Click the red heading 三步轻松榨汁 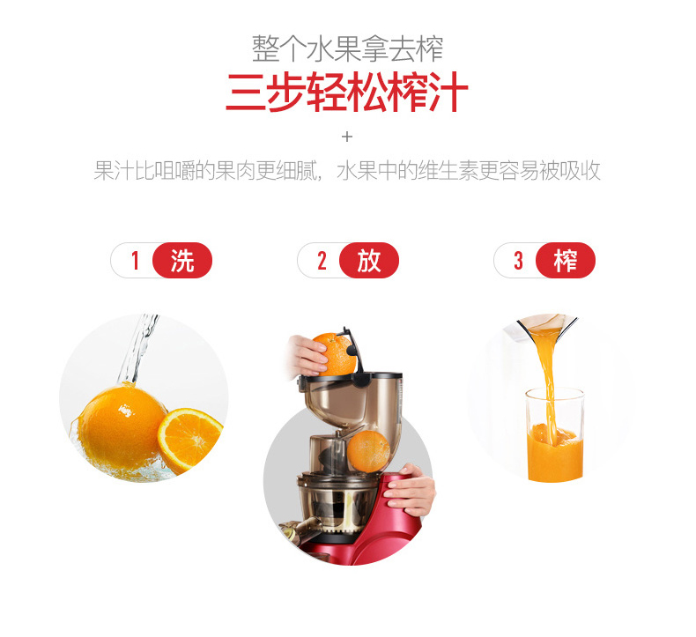(347, 93)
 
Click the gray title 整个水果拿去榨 (347, 48)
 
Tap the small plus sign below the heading (347, 137)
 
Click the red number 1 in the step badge (136, 260)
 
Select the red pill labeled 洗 (182, 261)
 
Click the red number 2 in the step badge (322, 260)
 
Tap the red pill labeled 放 (369, 261)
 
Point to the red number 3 (518, 260)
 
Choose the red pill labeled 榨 (566, 261)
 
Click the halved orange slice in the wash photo (190, 440)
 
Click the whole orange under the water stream (120, 427)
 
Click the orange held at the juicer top (336, 354)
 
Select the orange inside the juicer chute (368, 450)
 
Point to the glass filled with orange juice (555, 435)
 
